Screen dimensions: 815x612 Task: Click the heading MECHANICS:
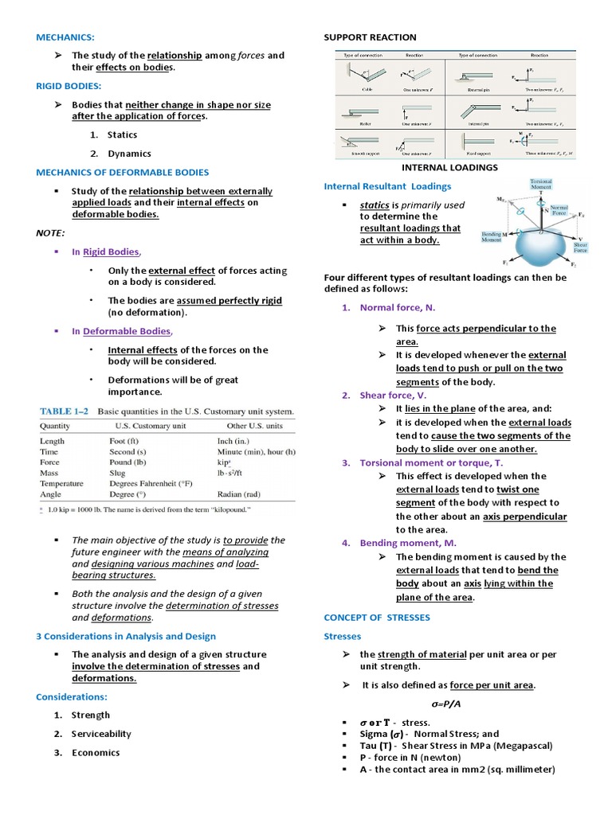pyautogui.click(x=65, y=37)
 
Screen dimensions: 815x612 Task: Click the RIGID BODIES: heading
pyautogui.click(x=69, y=85)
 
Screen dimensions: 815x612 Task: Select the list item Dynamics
pyautogui.click(x=129, y=154)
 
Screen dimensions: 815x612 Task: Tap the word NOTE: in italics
pyautogui.click(x=50, y=232)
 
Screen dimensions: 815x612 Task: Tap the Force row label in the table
pyautogui.click(x=50, y=462)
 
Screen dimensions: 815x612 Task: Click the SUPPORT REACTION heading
pyautogui.click(x=370, y=37)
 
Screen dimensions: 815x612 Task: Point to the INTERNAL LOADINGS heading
pyautogui.click(x=451, y=168)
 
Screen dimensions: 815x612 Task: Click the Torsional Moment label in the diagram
pyautogui.click(x=541, y=185)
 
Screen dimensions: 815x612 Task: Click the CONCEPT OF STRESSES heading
pyautogui.click(x=377, y=617)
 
